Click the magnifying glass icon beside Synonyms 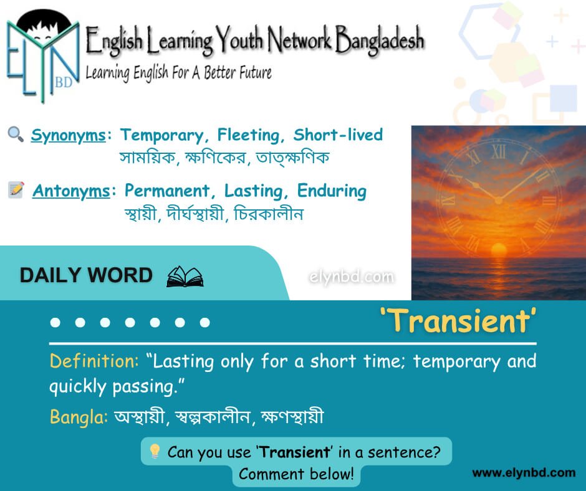(x=16, y=134)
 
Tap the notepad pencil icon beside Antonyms (x=16, y=190)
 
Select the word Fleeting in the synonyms (x=248, y=135)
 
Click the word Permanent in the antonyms (x=166, y=191)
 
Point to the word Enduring (x=332, y=191)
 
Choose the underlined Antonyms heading (x=71, y=191)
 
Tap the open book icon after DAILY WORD (x=185, y=277)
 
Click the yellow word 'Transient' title (x=458, y=321)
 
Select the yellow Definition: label (x=94, y=361)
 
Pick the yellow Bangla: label (x=79, y=417)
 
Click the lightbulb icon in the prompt (x=155, y=451)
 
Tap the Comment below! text (x=296, y=474)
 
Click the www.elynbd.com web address (x=524, y=473)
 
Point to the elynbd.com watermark (x=352, y=277)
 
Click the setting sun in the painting (x=498, y=249)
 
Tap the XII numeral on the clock (x=499, y=151)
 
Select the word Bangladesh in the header (x=380, y=40)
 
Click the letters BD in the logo (x=64, y=82)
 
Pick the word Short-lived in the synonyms (x=339, y=135)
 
